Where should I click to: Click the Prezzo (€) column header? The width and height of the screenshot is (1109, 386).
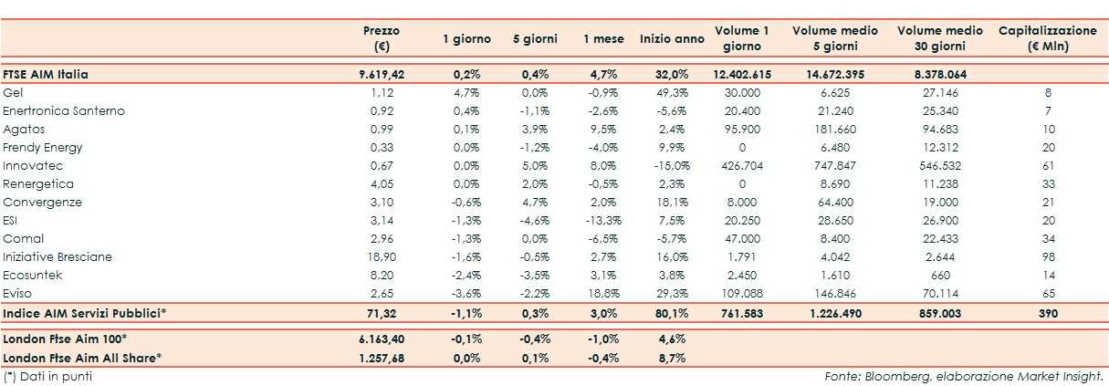click(382, 38)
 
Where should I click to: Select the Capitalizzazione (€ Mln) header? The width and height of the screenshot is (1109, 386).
click(1047, 38)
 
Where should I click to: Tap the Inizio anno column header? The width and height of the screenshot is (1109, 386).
click(672, 39)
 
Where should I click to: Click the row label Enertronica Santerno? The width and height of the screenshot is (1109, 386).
click(64, 111)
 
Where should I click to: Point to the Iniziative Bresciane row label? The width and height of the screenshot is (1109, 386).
click(58, 257)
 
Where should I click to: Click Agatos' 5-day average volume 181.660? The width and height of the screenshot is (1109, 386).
click(834, 130)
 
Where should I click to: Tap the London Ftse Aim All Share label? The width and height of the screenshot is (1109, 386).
click(83, 357)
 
